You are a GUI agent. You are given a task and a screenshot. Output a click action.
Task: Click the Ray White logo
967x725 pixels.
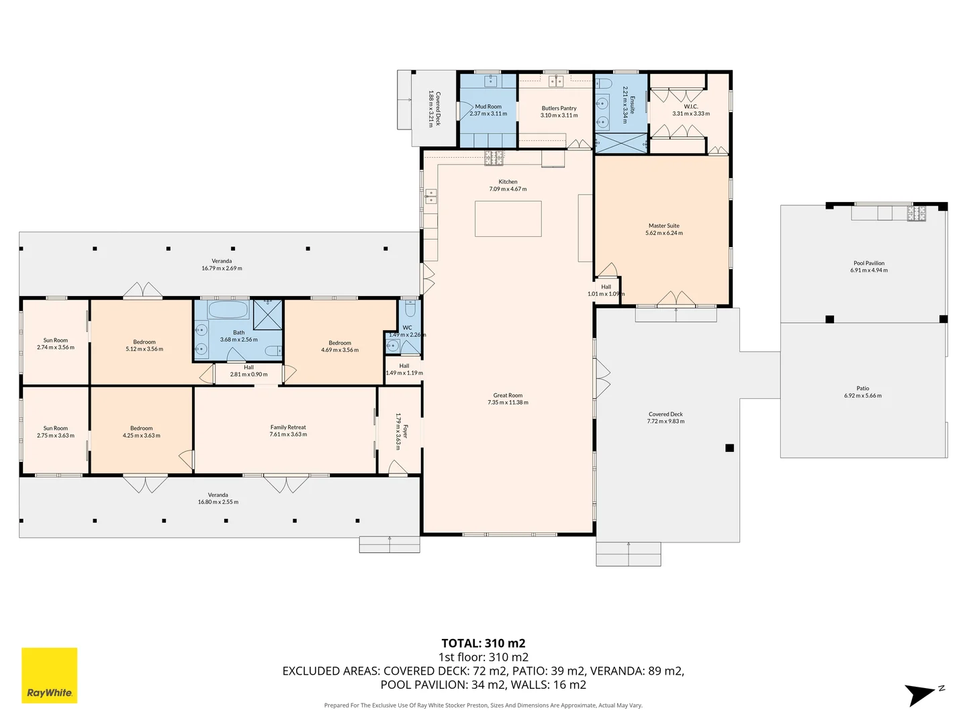[x=49, y=675]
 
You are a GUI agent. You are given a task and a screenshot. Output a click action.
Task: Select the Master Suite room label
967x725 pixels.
[x=663, y=226]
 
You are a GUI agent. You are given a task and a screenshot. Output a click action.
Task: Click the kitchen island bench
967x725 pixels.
[x=508, y=219]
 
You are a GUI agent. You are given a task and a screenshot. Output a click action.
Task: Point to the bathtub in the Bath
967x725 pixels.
[x=228, y=310]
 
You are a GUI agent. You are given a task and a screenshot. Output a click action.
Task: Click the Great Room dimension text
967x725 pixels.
[x=508, y=403]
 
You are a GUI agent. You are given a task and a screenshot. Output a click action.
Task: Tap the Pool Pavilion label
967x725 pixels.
[x=868, y=263]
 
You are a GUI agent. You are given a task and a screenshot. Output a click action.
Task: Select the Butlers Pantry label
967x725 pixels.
[x=559, y=108]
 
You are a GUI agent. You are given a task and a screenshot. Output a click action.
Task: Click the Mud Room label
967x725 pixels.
[x=488, y=107]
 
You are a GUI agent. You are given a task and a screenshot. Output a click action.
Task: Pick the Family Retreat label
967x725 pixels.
[x=288, y=427]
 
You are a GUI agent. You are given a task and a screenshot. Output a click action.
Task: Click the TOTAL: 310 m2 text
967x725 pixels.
[x=483, y=643]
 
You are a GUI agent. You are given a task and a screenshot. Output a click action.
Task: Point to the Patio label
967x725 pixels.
[x=862, y=388]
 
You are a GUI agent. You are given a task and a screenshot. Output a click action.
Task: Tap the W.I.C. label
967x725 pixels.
[x=690, y=107]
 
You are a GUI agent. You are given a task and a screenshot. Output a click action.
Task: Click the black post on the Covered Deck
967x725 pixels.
[x=729, y=448]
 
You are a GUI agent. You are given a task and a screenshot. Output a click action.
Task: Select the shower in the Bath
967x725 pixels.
[x=267, y=314]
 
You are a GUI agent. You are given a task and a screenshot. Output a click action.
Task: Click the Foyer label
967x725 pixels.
[x=404, y=431]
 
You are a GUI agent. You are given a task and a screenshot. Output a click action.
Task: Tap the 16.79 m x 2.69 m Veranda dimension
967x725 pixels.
[x=222, y=269]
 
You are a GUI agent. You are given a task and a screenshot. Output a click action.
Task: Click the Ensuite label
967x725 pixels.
[x=632, y=105]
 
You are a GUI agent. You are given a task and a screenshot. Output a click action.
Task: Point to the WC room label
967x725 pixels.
[x=407, y=328]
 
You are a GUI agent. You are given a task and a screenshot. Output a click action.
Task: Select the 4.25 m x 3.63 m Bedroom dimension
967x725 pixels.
[x=141, y=436]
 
